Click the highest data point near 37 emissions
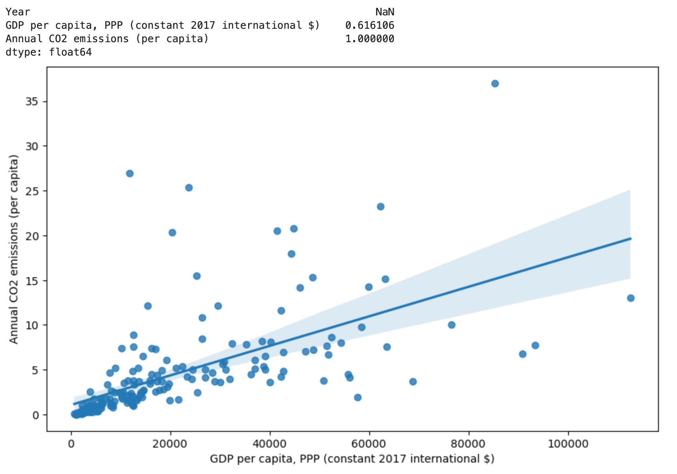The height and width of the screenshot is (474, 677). (495, 84)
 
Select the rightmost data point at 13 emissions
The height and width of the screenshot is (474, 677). (630, 298)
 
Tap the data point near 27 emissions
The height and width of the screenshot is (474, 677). (130, 174)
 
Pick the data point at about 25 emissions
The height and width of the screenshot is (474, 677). (189, 188)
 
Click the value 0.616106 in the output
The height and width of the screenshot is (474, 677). (370, 26)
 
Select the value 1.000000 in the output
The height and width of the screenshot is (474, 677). (370, 39)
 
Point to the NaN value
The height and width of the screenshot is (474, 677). (385, 12)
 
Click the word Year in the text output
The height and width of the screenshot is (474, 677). (18, 12)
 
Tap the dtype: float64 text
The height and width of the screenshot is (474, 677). (49, 52)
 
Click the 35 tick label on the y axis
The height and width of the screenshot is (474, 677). (32, 102)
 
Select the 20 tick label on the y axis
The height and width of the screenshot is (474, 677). (32, 236)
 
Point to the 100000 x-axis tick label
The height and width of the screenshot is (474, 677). (569, 444)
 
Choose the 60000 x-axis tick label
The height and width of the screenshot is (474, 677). (370, 444)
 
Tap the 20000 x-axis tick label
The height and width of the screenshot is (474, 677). (171, 444)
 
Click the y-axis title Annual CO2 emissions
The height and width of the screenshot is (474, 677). (14, 249)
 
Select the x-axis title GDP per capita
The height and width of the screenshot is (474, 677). (352, 459)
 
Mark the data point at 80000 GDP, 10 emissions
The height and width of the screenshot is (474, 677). (452, 325)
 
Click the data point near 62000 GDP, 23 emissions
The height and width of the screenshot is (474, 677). (380, 207)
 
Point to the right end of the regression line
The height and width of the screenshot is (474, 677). (630, 239)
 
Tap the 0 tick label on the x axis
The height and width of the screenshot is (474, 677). (71, 444)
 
